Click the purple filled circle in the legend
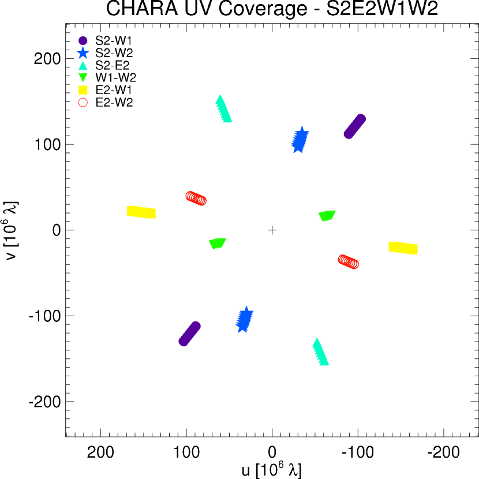pyautogui.click(x=83, y=41)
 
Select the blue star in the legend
pyautogui.click(x=83, y=53)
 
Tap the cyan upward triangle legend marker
pyautogui.click(x=83, y=66)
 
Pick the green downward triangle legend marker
pyautogui.click(x=83, y=77)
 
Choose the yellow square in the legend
pyautogui.click(x=83, y=90)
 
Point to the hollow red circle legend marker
pyautogui.click(x=83, y=103)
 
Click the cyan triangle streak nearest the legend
pyautogui.click(x=223, y=110)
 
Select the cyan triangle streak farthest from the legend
pyautogui.click(x=320, y=353)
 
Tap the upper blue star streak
pyautogui.click(x=300, y=140)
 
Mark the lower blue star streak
pyautogui.click(x=244, y=320)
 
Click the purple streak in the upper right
pyautogui.click(x=354, y=126)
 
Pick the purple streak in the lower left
pyautogui.click(x=189, y=334)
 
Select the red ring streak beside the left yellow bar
pyautogui.click(x=196, y=199)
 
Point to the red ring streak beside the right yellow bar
pyautogui.click(x=348, y=261)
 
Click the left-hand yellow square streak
pyautogui.click(x=141, y=212)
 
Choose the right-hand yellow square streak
pyautogui.click(x=403, y=248)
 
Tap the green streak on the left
pyautogui.click(x=217, y=243)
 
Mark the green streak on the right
pyautogui.click(x=327, y=215)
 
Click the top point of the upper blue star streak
pyautogui.click(x=301, y=127)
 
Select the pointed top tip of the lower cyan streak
pyautogui.click(x=316, y=338)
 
